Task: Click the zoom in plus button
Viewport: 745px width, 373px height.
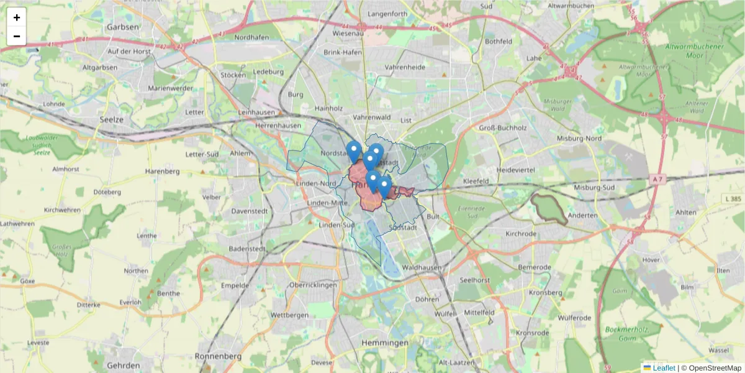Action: click(x=17, y=17)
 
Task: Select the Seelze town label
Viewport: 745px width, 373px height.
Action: click(x=112, y=119)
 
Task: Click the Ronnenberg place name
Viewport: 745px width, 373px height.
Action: click(x=218, y=356)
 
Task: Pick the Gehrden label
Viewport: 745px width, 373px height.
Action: click(x=124, y=366)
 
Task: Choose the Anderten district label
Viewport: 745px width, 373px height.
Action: click(x=583, y=215)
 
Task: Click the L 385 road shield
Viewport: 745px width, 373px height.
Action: click(x=733, y=199)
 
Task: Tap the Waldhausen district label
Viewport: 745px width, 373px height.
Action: click(x=422, y=267)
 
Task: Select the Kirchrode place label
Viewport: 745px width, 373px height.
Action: click(x=521, y=234)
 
